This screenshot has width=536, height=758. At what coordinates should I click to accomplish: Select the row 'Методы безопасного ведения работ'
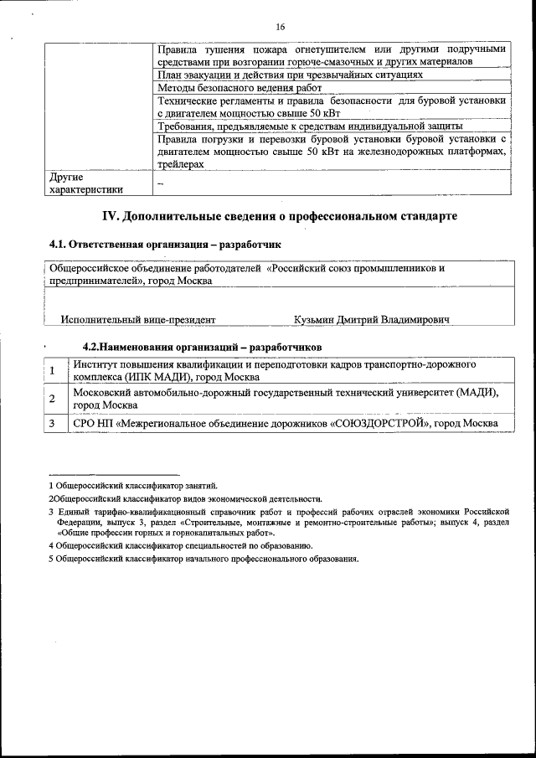coord(228,87)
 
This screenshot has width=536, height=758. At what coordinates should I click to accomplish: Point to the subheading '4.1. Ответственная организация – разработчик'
coord(166,245)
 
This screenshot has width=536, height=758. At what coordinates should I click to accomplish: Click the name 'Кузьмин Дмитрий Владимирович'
coord(372,320)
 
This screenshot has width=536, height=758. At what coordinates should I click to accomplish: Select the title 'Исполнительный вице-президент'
coord(138,320)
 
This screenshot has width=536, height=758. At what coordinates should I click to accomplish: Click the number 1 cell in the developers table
coord(53,371)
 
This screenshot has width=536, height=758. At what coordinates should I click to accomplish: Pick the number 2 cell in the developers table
coord(53,398)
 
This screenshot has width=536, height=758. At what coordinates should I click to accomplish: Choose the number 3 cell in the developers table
coord(53,424)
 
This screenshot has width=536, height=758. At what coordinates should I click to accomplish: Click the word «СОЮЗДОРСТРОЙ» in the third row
coord(379,424)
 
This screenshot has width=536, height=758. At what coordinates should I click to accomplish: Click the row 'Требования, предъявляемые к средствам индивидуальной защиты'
coord(309,126)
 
